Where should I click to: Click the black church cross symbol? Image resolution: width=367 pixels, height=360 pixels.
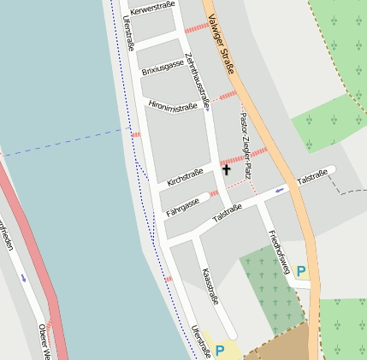click(226, 170)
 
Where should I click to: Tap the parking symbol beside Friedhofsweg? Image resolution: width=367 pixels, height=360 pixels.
click(300, 271)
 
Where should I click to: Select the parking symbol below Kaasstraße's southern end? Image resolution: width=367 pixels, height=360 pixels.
click(220, 351)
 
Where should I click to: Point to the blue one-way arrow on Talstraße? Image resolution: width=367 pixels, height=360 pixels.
click(280, 190)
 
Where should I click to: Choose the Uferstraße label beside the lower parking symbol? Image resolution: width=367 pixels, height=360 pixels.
click(201, 341)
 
